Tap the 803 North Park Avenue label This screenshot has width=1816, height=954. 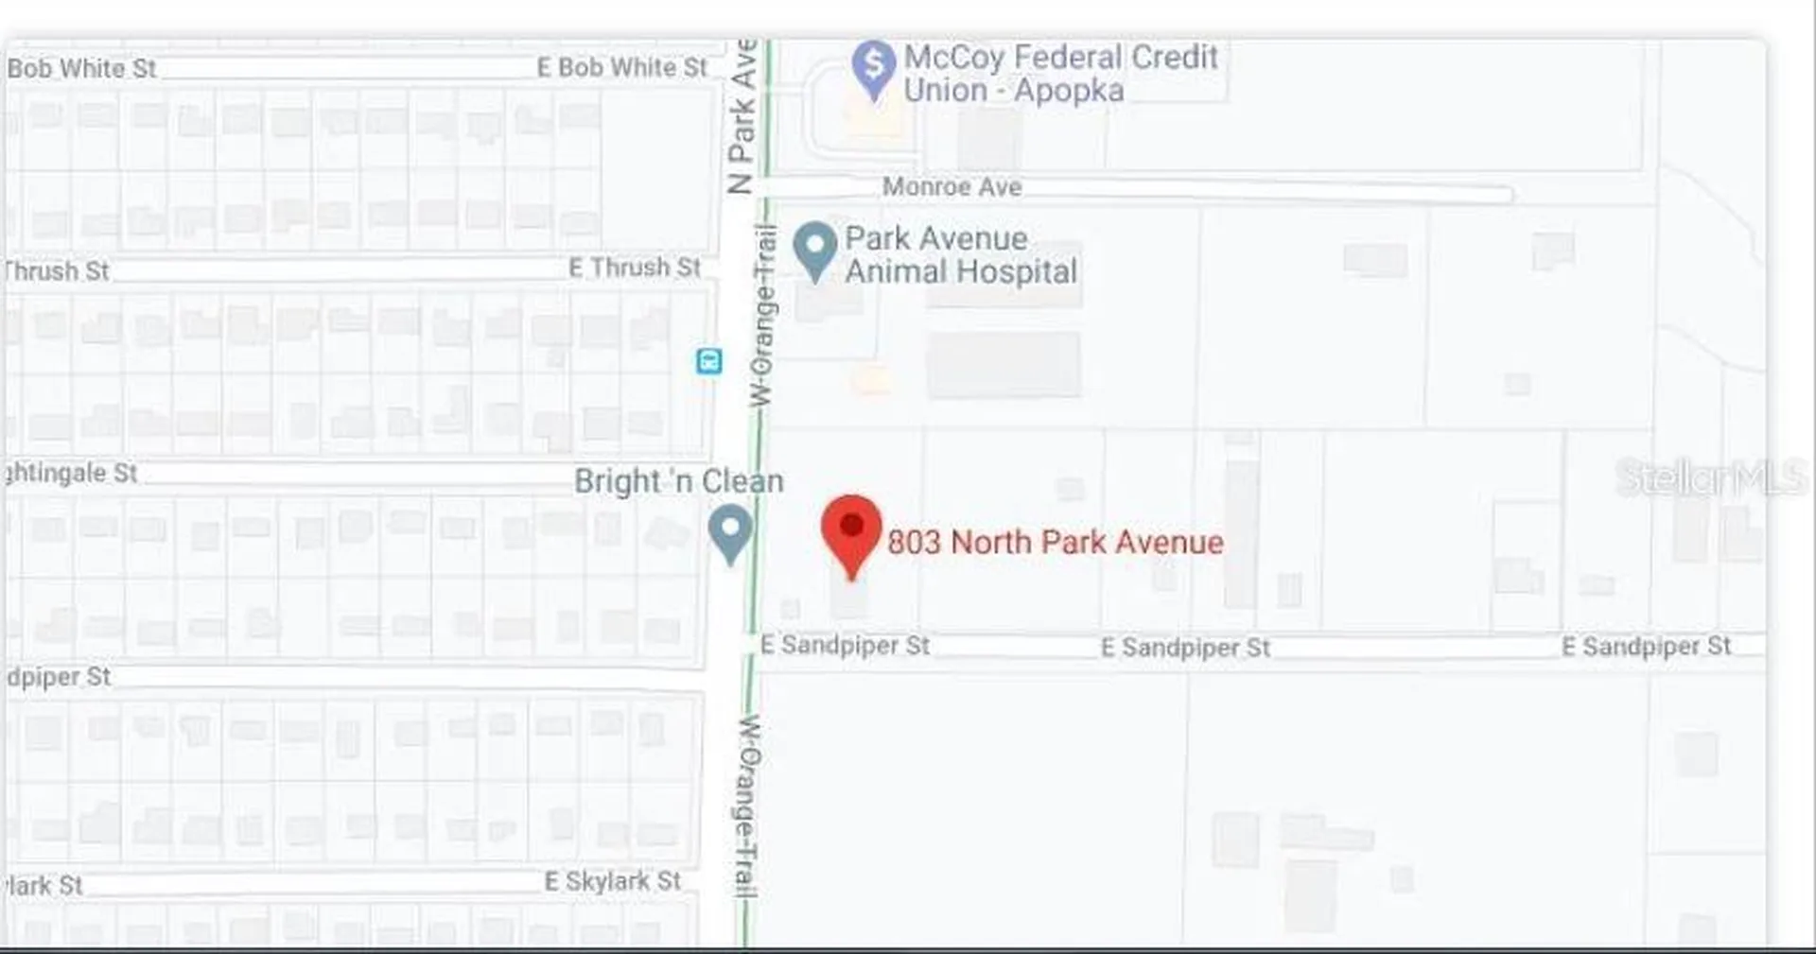point(1055,543)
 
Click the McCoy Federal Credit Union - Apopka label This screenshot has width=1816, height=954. point(1059,74)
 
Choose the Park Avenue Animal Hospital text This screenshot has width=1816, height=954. point(960,255)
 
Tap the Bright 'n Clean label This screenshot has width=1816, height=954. point(678,481)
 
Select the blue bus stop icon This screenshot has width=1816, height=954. point(709,360)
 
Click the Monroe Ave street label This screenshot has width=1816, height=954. point(952,187)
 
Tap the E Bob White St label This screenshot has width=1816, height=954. point(621,68)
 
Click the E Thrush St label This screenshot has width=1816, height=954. point(635,269)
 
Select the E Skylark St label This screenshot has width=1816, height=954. point(612,881)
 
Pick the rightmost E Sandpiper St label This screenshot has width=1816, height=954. point(1646,647)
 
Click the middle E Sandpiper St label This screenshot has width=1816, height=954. point(1185,648)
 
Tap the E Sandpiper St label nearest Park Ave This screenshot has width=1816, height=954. point(845,646)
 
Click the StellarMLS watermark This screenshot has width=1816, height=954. point(1710,477)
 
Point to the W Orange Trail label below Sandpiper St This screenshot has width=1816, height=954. point(747,806)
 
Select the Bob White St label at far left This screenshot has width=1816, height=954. point(81,69)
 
